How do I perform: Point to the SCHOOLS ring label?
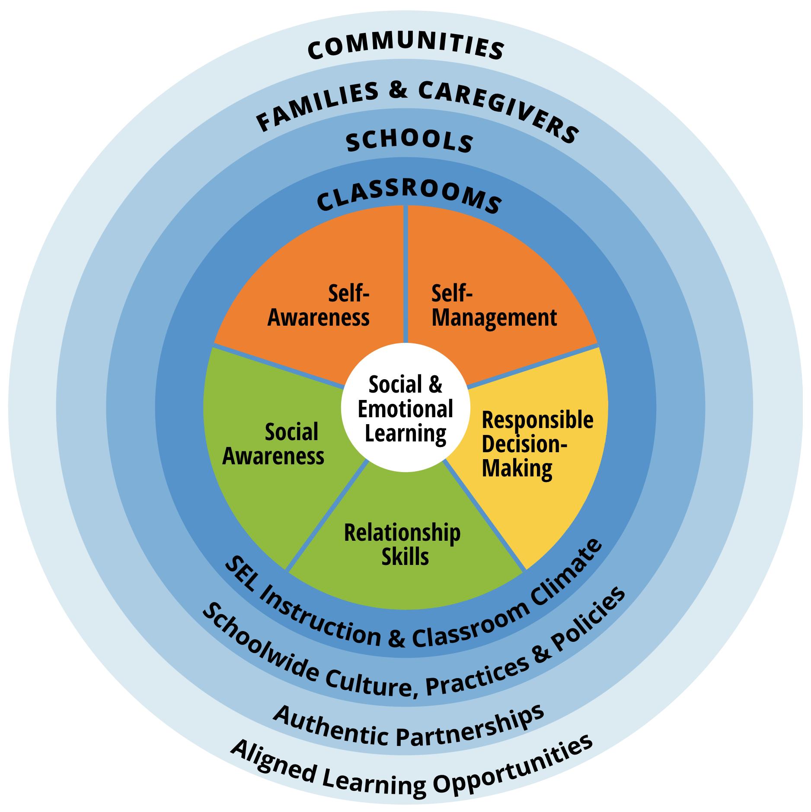click(409, 143)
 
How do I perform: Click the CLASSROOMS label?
click(409, 199)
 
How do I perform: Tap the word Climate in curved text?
click(570, 570)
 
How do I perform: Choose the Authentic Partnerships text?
click(409, 726)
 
